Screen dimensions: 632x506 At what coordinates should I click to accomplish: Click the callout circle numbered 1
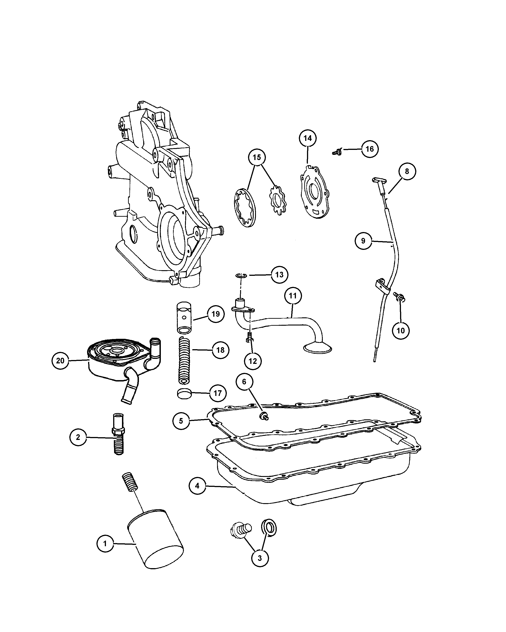coord(105,544)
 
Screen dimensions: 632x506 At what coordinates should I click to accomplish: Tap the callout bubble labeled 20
coord(60,360)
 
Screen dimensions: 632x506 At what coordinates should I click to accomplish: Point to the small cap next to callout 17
coord(184,394)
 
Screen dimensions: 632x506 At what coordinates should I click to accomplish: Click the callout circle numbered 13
coord(279,274)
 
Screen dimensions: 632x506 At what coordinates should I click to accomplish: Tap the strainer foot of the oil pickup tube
coord(318,349)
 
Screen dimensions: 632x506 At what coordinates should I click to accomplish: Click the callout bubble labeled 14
coord(307,138)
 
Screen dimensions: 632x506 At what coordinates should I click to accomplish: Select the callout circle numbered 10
coord(401,331)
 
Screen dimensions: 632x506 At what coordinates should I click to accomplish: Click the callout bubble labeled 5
coord(181,421)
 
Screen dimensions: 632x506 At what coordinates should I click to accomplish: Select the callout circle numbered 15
coord(257,157)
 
